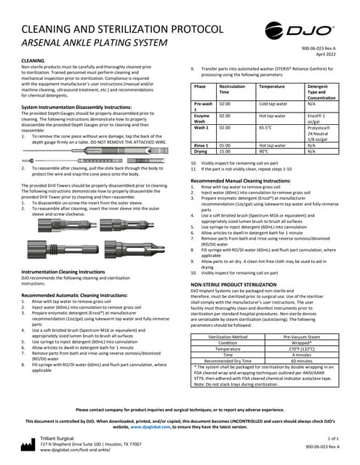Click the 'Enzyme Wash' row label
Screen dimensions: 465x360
tap(202, 118)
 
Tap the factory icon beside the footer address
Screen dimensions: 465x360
tap(27, 444)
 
